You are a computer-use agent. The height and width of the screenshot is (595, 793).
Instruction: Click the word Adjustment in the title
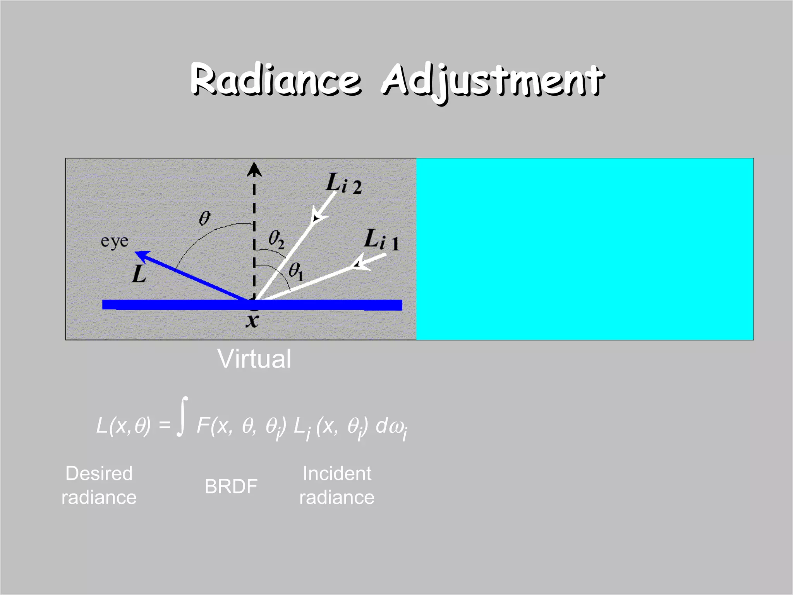pos(493,81)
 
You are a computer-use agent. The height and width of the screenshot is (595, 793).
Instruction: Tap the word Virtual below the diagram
pos(254,359)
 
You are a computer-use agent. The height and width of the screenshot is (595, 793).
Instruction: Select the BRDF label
pos(231,486)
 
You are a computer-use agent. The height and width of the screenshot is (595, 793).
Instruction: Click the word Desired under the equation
pos(99,473)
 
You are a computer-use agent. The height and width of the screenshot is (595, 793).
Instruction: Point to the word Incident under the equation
pos(337,473)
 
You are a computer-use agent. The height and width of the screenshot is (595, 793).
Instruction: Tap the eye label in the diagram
pos(114,241)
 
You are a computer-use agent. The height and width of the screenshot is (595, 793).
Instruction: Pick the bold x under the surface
pos(252,321)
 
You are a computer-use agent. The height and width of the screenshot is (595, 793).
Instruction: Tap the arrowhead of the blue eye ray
pos(141,255)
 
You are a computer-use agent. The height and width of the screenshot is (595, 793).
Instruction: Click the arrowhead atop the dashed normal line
pos(254,170)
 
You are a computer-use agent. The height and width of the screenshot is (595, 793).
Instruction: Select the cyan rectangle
pos(585,249)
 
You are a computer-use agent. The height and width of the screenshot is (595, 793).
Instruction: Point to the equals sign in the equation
pos(165,425)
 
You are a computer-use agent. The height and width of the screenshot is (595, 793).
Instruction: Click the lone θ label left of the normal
pos(204,218)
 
